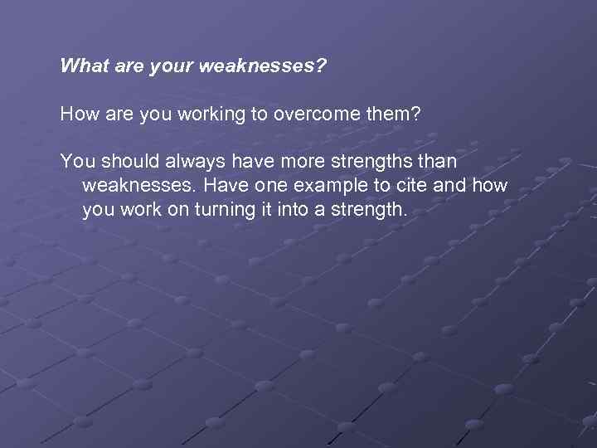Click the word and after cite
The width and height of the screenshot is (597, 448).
[449, 185]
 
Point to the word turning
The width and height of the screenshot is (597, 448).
[224, 210]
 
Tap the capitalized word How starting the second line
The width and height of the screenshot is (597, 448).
[79, 114]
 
